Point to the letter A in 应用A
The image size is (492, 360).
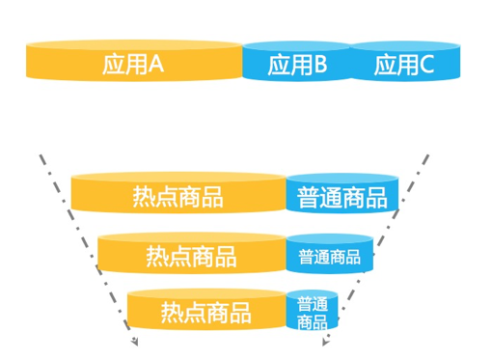tap(155, 65)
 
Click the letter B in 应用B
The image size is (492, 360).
tap(320, 65)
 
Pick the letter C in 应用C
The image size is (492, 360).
tap(427, 65)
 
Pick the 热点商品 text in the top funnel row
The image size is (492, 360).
tap(178, 198)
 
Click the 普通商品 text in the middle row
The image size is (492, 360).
tap(329, 257)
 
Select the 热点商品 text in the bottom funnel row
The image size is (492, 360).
tap(205, 314)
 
